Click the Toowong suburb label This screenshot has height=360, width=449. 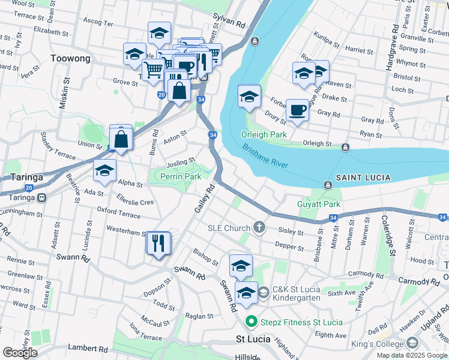[71, 58]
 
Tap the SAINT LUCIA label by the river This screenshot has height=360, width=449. [363, 178]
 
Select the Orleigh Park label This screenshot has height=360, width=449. [264, 134]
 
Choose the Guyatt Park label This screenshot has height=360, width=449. [319, 205]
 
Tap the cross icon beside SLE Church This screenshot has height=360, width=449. [259, 227]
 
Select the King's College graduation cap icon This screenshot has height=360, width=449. [412, 343]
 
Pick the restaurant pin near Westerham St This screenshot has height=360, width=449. [158, 243]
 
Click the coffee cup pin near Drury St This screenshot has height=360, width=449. [297, 110]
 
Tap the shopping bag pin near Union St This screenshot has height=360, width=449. [121, 139]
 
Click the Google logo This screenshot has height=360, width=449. [20, 352]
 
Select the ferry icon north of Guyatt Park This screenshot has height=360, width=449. [328, 185]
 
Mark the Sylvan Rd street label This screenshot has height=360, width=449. [234, 25]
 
